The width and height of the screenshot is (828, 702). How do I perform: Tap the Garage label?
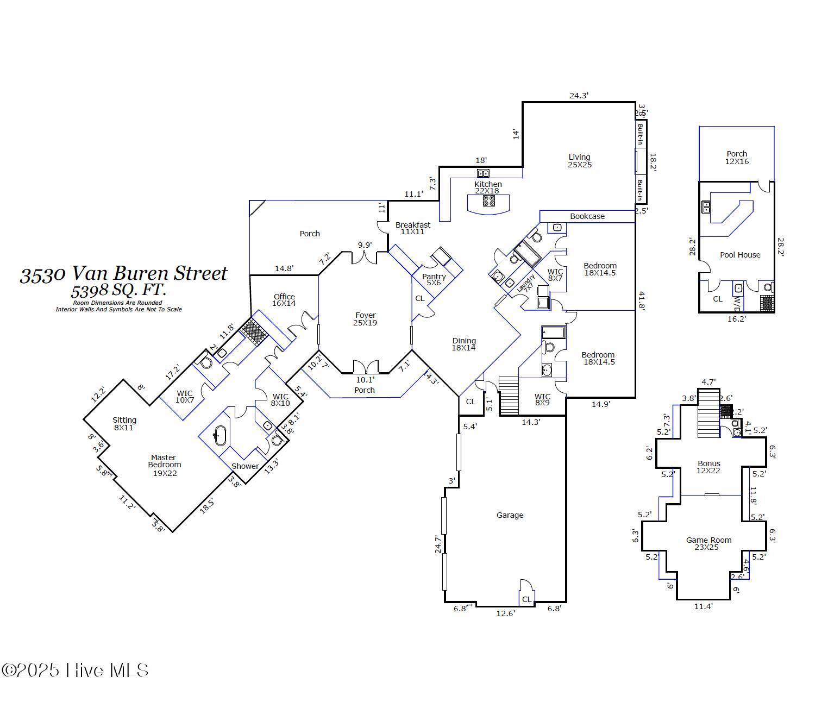pos(510,515)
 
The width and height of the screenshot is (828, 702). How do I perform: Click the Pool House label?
pos(740,255)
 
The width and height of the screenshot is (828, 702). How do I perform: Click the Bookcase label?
pos(587,216)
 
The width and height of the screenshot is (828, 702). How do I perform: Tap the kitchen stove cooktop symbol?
pos(489,200)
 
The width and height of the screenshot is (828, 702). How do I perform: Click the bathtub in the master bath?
pos(219,435)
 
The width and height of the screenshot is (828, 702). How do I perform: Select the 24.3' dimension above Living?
pos(579,96)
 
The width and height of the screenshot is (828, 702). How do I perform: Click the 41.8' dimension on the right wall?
pos(642,300)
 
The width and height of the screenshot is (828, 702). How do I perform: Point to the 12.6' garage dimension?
pos(505,613)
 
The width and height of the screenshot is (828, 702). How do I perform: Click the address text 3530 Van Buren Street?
pos(124,274)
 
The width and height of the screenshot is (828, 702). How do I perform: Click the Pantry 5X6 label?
pos(434,280)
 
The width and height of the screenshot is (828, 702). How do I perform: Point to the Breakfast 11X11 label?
pos(412,228)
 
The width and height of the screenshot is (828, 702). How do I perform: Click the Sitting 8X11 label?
pos(124,424)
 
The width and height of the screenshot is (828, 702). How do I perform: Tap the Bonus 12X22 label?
pos(708,467)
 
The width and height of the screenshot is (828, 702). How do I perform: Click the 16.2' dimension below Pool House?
pos(736,319)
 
